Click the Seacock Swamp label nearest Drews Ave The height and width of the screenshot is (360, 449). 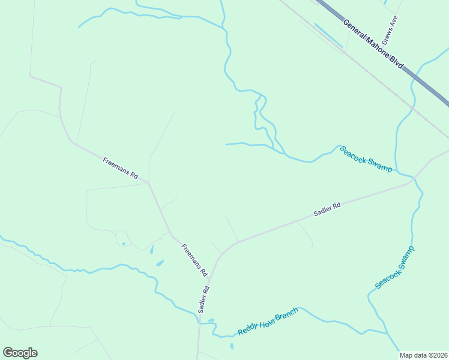pyautogui.click(x=366, y=159)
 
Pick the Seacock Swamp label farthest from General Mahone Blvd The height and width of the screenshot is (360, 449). pyautogui.click(x=394, y=268)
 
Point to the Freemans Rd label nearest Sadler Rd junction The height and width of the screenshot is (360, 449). pyautogui.click(x=194, y=260)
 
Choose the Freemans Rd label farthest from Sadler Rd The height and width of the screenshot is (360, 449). pyautogui.click(x=121, y=169)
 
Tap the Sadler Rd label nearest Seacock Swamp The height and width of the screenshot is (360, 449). pyautogui.click(x=327, y=209)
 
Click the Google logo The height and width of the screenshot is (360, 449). pyautogui.click(x=20, y=353)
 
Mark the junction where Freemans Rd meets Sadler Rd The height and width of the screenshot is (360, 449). pyautogui.click(x=208, y=278)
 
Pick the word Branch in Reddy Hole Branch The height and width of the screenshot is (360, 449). pyautogui.click(x=286, y=315)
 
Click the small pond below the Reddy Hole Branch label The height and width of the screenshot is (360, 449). pyautogui.click(x=232, y=346)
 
